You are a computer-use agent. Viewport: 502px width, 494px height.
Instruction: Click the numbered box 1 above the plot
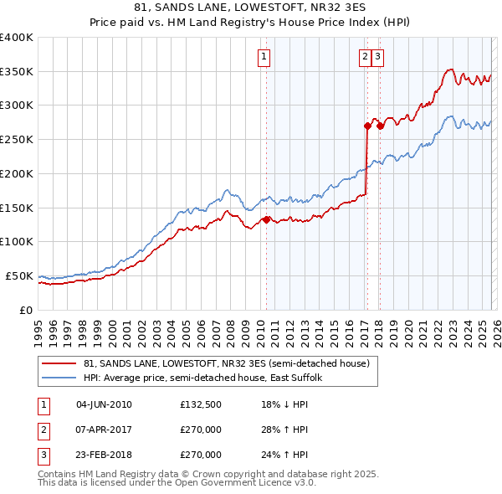coord(264,57)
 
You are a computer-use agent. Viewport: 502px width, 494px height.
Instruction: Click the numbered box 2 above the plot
coord(366,57)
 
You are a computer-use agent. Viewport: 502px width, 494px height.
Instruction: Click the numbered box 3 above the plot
coord(378,57)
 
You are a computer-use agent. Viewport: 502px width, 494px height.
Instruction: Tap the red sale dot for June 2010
coord(266,219)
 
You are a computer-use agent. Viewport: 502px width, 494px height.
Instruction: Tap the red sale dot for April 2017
coord(367,126)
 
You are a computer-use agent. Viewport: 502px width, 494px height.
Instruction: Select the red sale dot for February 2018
coord(380,126)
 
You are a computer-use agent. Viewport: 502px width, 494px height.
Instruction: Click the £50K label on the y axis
coord(18,275)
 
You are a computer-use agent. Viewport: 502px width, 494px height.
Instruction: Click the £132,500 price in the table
coord(201,404)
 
